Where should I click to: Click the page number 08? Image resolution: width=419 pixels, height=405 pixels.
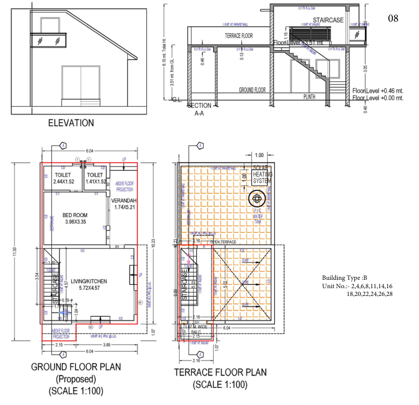tap(393, 18)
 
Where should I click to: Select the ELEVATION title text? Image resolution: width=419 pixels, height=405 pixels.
tap(71, 123)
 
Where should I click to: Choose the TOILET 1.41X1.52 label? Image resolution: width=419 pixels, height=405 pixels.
tap(95, 178)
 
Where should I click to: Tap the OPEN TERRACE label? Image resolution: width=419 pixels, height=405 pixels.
tap(223, 243)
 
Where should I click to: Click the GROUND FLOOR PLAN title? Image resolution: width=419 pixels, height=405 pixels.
tap(76, 367)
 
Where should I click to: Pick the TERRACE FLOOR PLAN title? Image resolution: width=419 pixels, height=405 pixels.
tap(220, 372)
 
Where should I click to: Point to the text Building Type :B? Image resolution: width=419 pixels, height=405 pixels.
tap(344, 278)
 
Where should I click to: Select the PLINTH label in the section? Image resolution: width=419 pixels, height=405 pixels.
tap(309, 96)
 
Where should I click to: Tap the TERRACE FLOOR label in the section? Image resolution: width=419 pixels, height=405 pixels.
tap(239, 35)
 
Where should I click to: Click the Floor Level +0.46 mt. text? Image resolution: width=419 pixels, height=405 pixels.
tap(377, 91)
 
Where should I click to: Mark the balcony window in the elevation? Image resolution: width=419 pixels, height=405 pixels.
tap(45, 41)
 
